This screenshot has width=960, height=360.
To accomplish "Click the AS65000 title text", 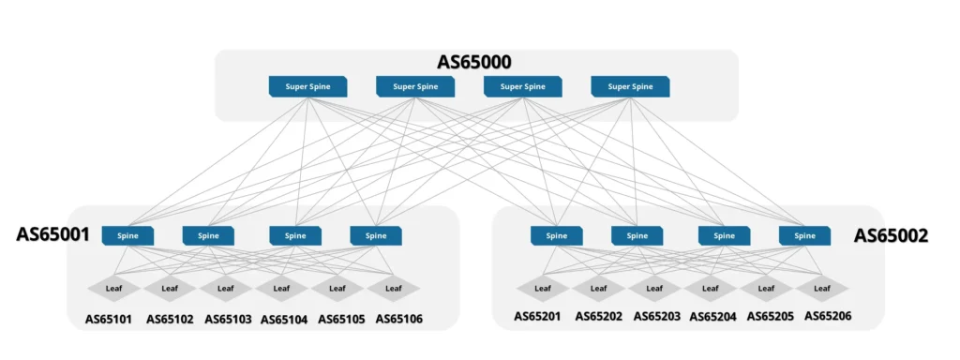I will click(473, 63).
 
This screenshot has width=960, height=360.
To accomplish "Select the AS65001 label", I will click(52, 234).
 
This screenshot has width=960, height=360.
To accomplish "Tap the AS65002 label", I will click(890, 236).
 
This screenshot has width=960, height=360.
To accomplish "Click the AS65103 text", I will click(228, 319).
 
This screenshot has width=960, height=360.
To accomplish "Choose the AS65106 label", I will click(398, 319).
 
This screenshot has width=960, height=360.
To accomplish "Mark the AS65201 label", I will click(537, 316).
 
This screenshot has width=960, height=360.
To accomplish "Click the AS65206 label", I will click(828, 316).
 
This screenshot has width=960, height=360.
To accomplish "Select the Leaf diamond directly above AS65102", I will click(170, 288).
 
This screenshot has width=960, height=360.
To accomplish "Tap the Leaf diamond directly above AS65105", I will click(337, 288).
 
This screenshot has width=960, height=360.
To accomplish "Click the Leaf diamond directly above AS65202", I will click(598, 288).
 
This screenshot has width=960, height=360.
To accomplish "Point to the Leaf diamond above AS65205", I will click(766, 288).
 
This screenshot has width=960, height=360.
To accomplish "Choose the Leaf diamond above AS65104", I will click(282, 288).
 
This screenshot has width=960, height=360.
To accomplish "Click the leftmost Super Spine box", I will click(307, 87).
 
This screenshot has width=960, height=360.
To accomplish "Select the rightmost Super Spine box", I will click(630, 87).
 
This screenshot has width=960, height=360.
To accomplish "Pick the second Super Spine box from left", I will click(415, 87).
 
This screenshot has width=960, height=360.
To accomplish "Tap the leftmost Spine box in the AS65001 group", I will click(127, 236).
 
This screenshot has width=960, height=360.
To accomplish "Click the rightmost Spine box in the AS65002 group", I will click(804, 236).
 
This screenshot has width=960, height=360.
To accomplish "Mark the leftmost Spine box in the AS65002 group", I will click(556, 236).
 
